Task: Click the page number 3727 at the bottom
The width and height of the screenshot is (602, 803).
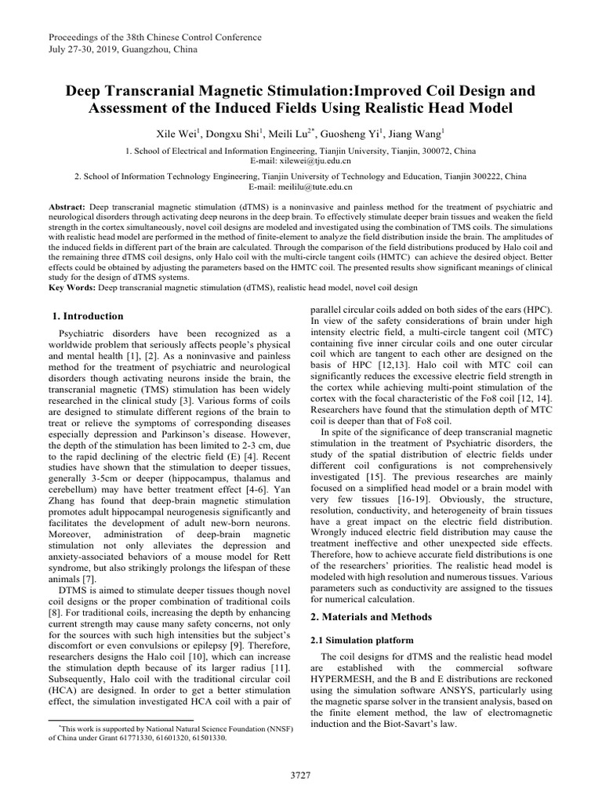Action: pyautogui.click(x=300, y=775)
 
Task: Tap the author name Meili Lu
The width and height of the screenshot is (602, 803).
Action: pyautogui.click(x=289, y=133)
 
